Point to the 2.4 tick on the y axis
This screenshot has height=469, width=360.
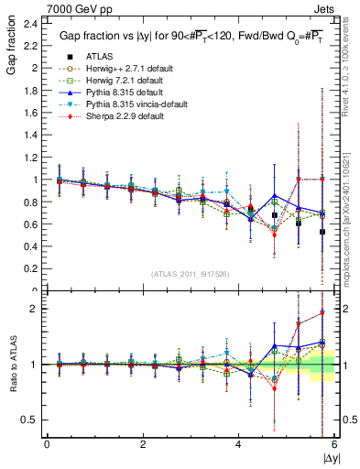tap(30, 23)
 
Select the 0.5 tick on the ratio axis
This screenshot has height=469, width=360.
tap(29, 420)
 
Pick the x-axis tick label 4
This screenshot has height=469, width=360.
tap(238, 443)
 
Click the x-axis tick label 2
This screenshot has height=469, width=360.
tap(143, 443)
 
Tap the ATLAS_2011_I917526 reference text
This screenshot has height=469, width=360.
tap(191, 274)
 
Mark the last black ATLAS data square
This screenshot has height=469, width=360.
tap(322, 232)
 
